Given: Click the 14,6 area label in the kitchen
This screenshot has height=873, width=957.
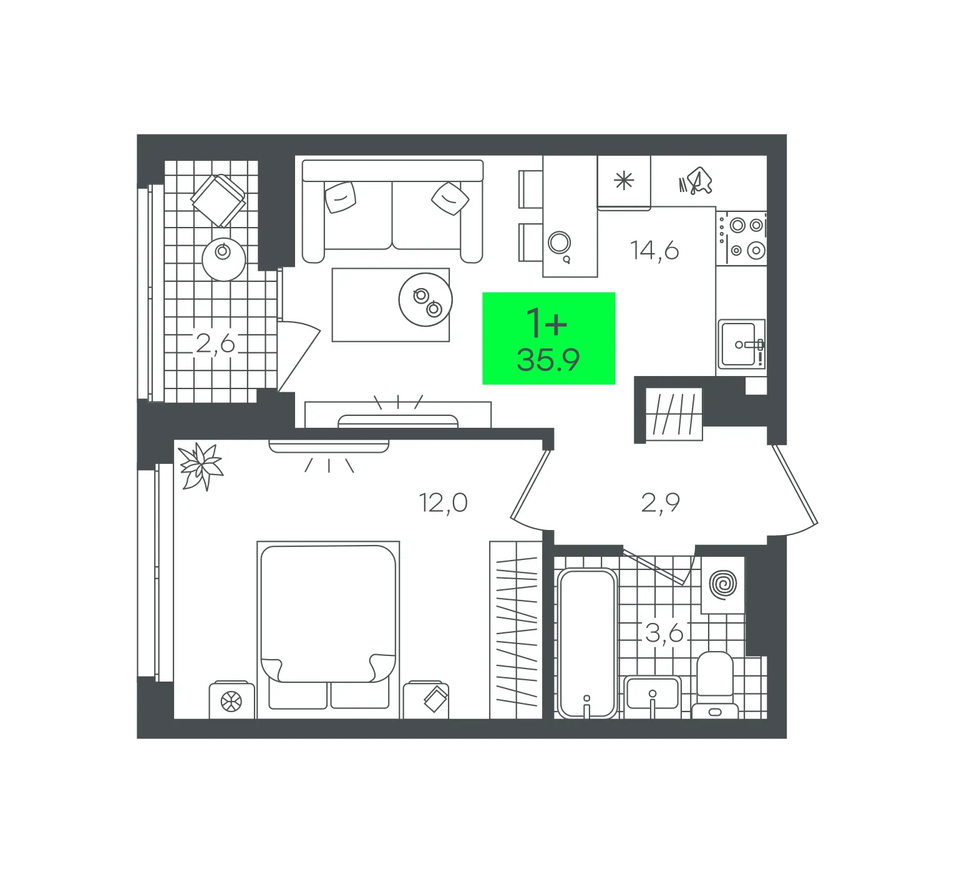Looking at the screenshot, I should tap(654, 250).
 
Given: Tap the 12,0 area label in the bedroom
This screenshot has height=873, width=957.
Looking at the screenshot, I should tap(444, 502).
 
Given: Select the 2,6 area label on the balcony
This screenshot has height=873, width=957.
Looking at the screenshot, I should tap(215, 343).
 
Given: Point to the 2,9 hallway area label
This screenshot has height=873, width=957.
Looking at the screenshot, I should tap(660, 502).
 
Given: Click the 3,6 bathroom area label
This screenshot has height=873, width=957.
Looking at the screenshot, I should tap(664, 634).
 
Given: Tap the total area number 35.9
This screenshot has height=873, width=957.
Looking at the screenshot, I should tap(548, 360).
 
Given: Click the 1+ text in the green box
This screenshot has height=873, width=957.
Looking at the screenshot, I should tap(547, 323).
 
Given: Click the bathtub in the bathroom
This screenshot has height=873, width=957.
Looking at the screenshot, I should tap(587, 642).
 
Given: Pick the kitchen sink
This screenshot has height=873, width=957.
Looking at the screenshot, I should tap(741, 344).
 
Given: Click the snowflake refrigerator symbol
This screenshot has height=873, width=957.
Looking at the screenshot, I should tap(624, 181).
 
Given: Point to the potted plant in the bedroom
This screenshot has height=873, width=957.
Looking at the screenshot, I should tap(201, 466).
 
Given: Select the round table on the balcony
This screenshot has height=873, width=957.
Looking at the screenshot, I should tap(223, 259).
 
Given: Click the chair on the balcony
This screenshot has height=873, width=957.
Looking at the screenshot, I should tap(218, 200).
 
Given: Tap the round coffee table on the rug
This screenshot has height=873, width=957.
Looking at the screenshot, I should tap(425, 299).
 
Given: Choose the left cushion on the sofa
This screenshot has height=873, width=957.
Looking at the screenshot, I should tap(341, 196).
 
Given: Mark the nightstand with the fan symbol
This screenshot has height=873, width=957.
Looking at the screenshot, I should tap(231, 701).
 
